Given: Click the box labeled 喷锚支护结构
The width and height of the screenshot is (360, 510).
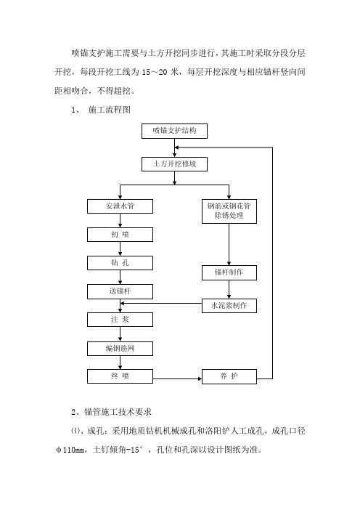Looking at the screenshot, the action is tap(174, 131).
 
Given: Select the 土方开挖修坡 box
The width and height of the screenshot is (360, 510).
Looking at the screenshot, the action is tap(174, 164).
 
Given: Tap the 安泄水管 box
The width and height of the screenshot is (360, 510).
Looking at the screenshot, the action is tap(120, 206).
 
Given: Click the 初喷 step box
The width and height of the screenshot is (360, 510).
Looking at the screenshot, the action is tap(120, 235).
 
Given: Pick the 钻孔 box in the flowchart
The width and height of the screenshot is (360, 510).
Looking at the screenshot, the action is tap(120, 263).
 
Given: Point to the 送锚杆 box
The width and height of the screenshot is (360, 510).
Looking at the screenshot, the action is tap(120, 291).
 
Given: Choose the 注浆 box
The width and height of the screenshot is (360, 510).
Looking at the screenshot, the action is tap(120, 320).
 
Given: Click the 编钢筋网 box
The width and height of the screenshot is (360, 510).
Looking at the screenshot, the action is tap(120, 349).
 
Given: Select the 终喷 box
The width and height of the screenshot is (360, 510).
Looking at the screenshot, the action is tap(120, 376).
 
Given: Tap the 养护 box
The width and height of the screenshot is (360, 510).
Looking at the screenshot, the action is tap(229, 376).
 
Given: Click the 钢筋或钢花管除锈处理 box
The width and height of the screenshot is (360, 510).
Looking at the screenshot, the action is tap(229, 211).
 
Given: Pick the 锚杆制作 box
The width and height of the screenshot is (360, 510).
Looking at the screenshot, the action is tap(229, 272).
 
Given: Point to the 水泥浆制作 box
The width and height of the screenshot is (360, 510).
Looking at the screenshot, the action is tap(229, 306).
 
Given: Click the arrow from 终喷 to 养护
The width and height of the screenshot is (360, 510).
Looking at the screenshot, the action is tap(177, 379).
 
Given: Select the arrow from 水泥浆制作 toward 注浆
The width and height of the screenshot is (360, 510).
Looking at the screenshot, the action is tap(160, 304).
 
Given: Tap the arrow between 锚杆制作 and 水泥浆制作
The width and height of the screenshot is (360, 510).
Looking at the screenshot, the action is tap(229, 289).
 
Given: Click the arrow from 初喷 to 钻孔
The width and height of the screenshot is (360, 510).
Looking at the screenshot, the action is tap(120, 248).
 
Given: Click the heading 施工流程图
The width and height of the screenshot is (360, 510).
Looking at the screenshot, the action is tap(110, 110).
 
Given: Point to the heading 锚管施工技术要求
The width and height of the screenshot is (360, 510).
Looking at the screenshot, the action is tap(118, 412).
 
